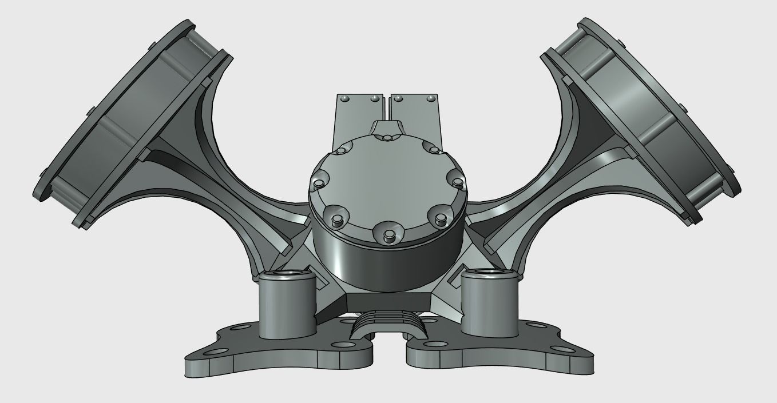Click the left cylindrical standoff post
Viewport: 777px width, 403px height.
pyautogui.click(x=287, y=306)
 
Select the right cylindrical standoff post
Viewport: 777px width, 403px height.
pyautogui.click(x=489, y=306)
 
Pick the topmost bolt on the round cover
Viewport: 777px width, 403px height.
pyautogui.click(x=387, y=138)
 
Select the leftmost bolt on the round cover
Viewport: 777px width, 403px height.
pyautogui.click(x=316, y=185)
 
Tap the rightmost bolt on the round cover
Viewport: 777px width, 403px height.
pyautogui.click(x=457, y=182)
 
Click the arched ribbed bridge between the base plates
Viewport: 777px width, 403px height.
pyautogui.click(x=389, y=324)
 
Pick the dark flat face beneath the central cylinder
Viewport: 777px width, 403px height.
pyautogui.click(x=388, y=302)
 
